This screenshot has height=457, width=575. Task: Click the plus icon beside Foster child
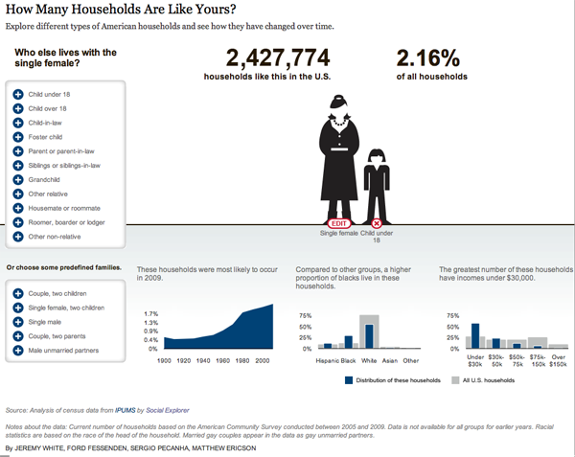(18, 136)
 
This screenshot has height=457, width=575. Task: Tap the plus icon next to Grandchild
(18, 179)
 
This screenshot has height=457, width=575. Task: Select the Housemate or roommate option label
(62, 208)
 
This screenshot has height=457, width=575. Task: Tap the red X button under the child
(377, 223)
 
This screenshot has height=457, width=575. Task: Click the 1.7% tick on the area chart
(150, 314)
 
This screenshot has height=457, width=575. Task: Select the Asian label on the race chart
(389, 360)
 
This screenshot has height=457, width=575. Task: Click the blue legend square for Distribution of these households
(349, 379)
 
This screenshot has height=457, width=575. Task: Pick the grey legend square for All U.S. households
(455, 379)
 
